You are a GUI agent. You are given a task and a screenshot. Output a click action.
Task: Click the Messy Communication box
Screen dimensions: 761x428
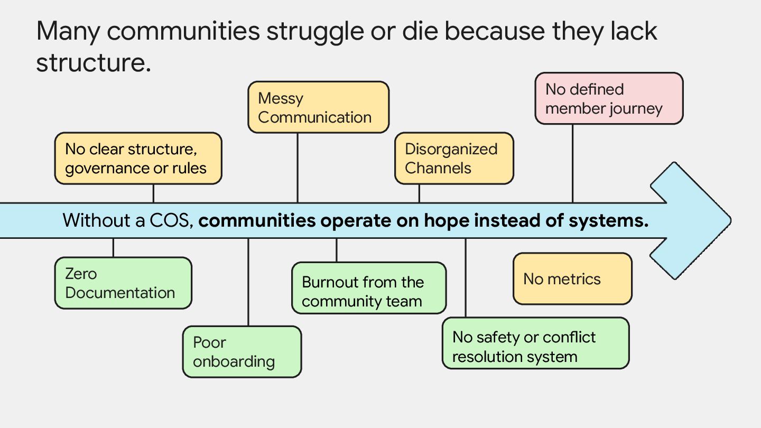(x=318, y=107)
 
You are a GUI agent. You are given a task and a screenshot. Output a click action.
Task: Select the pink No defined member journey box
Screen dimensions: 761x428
(x=609, y=99)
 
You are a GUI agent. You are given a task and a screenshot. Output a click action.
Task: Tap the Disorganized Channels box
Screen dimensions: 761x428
(x=454, y=159)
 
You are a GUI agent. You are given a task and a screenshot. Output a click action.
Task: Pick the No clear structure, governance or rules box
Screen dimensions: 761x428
(x=138, y=159)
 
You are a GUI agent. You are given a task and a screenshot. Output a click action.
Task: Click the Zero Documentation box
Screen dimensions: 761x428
(x=123, y=283)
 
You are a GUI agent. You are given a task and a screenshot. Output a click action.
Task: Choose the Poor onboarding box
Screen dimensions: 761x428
(x=242, y=352)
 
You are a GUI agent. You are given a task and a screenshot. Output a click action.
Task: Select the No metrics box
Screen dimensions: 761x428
(x=572, y=279)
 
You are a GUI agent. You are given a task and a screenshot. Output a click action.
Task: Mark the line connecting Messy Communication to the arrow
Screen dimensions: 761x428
(x=298, y=168)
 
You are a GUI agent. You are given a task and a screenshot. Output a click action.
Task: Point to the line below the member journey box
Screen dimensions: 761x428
(x=573, y=163)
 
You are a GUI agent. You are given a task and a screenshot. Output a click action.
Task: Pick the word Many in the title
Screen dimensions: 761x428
(x=68, y=31)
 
